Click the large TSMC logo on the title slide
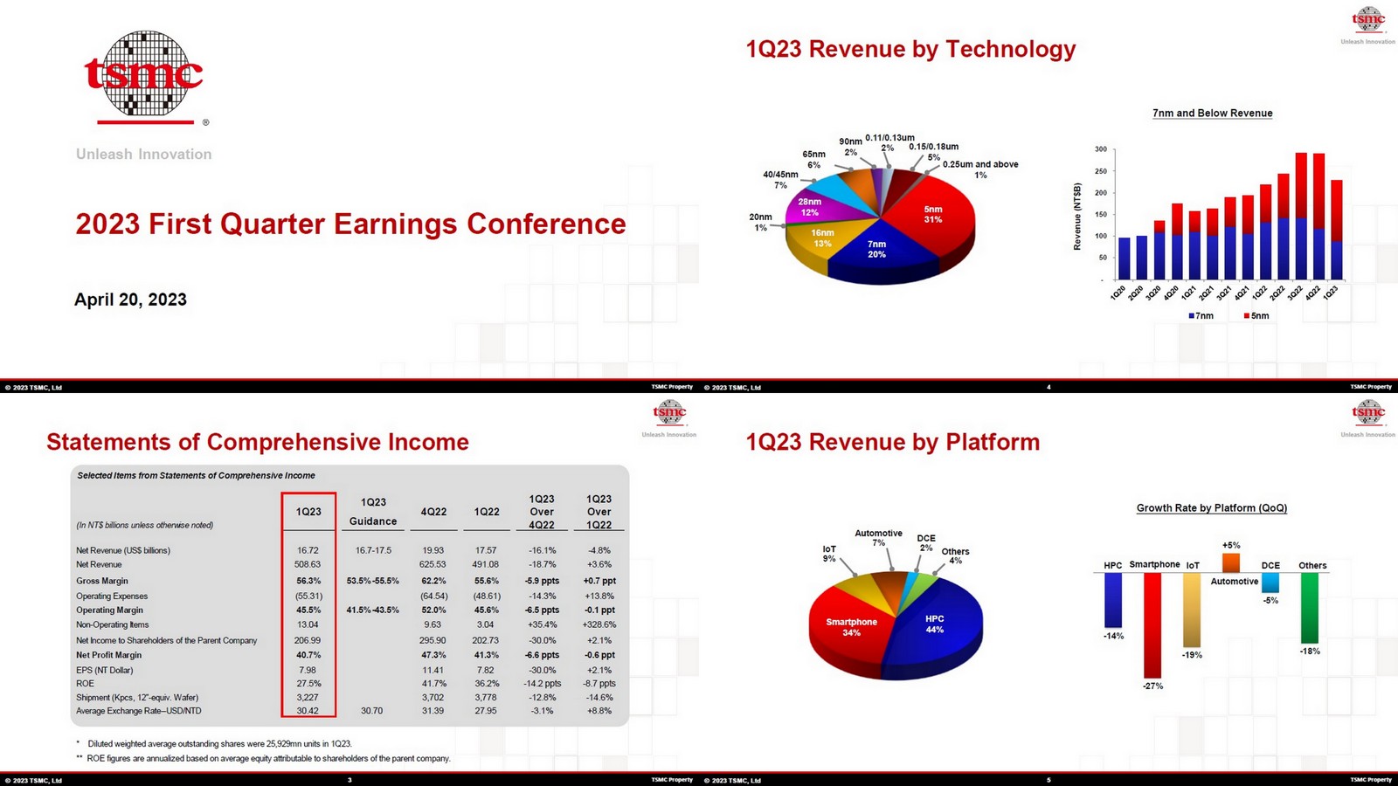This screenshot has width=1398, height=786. [x=143, y=76]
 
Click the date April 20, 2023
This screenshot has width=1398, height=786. [x=130, y=300]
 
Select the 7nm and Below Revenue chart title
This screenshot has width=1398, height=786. [x=1212, y=114]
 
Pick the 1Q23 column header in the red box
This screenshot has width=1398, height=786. [x=308, y=512]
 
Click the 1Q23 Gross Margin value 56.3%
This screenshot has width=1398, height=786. [x=308, y=581]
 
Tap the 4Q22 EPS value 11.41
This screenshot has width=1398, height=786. [x=433, y=670]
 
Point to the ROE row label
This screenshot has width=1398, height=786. [x=85, y=684]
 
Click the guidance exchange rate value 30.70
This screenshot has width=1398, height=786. [x=372, y=711]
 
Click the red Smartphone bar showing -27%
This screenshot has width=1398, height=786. [x=1152, y=624]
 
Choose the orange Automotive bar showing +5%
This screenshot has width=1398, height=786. [x=1231, y=562]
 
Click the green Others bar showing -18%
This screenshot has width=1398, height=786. [x=1309, y=608]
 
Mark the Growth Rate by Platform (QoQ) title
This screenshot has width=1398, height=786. [x=1211, y=508]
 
